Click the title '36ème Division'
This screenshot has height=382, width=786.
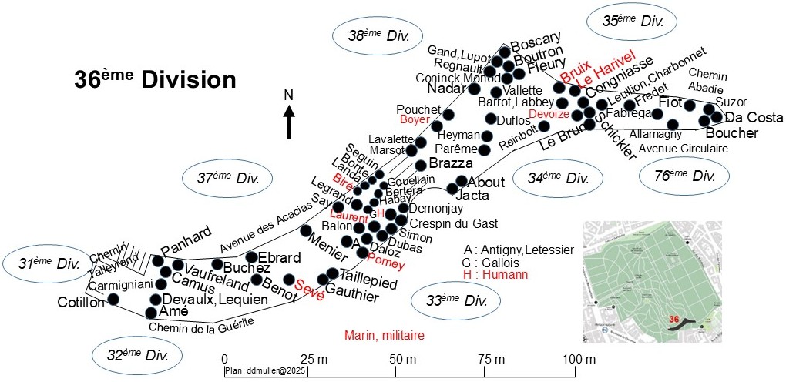[154, 79]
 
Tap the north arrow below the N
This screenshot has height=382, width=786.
[289, 123]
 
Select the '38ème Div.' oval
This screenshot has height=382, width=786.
[378, 35]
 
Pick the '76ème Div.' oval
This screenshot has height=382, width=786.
[684, 176]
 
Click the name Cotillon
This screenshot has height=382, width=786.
[81, 303]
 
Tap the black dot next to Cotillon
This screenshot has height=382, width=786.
[113, 299]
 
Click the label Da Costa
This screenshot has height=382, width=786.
[754, 118]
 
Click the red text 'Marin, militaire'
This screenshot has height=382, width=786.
[383, 335]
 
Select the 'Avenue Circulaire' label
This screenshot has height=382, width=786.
[684, 149]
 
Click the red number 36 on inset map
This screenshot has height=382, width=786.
[674, 319]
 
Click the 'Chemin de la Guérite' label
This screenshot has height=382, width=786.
[201, 327]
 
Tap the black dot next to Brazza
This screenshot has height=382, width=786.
[421, 165]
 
